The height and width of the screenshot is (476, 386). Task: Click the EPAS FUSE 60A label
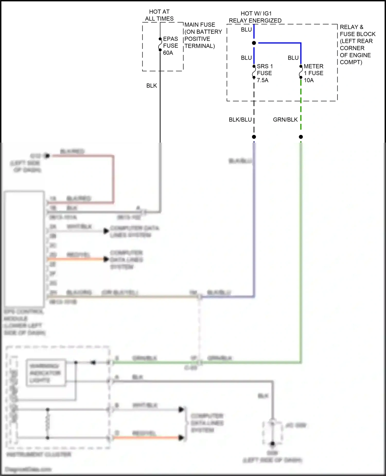tap(170, 46)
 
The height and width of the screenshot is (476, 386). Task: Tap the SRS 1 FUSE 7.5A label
tap(264, 73)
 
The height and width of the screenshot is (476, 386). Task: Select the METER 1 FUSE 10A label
tap(313, 73)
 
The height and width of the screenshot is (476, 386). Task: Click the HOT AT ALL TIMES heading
tap(159, 15)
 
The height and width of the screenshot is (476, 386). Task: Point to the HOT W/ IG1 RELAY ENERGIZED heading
tap(255, 17)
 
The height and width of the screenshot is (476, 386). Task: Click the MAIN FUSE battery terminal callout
tap(203, 35)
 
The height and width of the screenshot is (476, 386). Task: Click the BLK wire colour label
tap(152, 86)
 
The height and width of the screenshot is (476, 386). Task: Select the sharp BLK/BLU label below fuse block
tap(240, 120)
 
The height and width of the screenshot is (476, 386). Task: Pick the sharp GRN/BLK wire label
tap(285, 120)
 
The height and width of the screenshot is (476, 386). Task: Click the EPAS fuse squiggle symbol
tap(160, 45)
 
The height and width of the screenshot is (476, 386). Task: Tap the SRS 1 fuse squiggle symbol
tap(254, 72)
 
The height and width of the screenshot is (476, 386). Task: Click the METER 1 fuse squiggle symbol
tap(301, 72)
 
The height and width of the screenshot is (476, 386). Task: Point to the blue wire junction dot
tap(254, 43)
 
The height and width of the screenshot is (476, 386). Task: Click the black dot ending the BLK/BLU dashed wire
tap(254, 137)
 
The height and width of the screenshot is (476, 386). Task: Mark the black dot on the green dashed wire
tap(301, 137)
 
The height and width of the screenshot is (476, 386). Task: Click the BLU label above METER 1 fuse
tap(293, 58)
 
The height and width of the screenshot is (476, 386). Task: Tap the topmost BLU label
tap(246, 30)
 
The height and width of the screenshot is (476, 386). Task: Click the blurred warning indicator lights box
tap(46, 373)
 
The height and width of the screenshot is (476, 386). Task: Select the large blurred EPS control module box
tap(24, 249)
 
